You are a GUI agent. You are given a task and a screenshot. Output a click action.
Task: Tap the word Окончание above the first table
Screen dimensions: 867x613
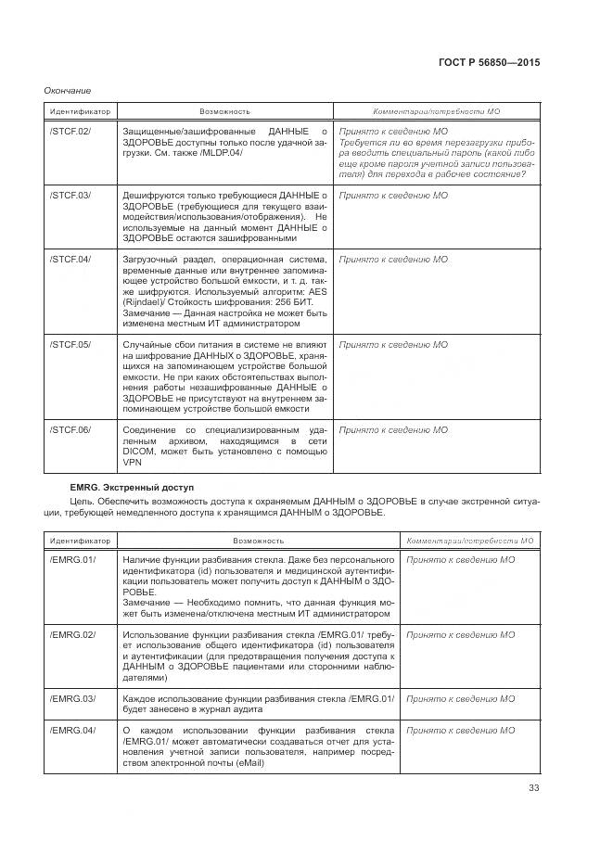pos(68,90)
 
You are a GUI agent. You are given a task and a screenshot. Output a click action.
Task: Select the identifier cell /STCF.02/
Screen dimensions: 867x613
pos(70,132)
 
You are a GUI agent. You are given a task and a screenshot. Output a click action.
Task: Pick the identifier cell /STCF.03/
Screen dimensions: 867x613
pos(70,196)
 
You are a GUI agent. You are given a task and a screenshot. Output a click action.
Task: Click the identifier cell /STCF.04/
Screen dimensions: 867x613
pos(70,259)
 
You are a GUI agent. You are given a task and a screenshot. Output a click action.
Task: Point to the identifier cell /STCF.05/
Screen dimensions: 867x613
pos(70,345)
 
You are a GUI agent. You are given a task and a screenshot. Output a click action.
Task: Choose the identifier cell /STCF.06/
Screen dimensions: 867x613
pos(70,430)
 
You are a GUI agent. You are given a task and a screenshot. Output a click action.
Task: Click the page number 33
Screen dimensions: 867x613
pos(533,789)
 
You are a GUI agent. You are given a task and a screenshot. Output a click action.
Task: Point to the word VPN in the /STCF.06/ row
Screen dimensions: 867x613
pos(132,463)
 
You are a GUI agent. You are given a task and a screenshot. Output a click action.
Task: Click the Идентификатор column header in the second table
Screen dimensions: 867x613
pos(80,540)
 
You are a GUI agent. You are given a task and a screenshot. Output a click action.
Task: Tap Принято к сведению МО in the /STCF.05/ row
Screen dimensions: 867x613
pos(393,345)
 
